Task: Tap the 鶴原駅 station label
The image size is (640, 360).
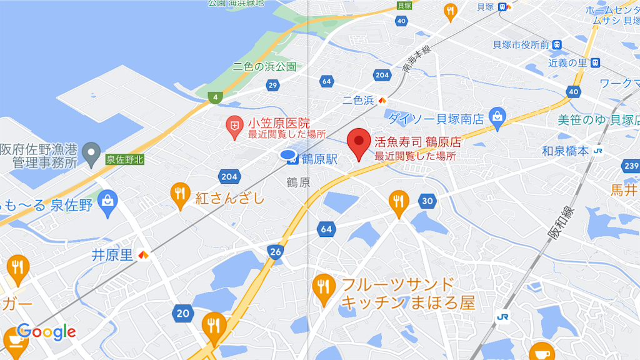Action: (x=318, y=159)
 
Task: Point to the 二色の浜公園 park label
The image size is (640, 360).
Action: (x=264, y=66)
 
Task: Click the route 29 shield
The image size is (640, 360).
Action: (x=272, y=85)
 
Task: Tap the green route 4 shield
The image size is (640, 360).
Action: (x=216, y=97)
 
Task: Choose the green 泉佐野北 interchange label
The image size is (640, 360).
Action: (x=124, y=159)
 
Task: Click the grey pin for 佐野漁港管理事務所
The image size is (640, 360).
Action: (x=92, y=151)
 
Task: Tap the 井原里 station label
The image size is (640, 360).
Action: (x=112, y=255)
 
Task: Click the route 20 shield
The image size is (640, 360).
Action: (x=182, y=313)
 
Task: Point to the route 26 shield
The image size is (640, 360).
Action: (x=276, y=251)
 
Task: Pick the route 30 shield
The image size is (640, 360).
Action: (x=427, y=201)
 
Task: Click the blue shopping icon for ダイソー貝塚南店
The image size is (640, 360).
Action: (x=497, y=117)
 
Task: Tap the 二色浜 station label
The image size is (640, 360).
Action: (x=358, y=100)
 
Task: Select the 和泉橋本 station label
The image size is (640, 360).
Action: (x=565, y=151)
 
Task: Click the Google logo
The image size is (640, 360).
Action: (x=47, y=332)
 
